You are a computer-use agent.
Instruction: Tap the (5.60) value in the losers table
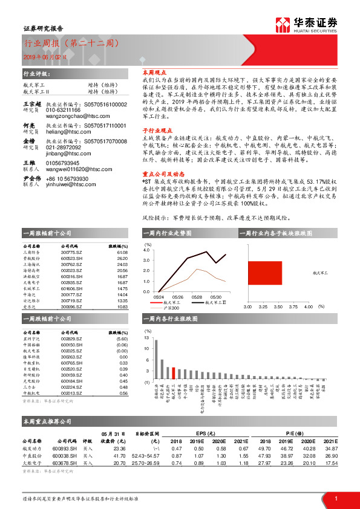click(122, 340)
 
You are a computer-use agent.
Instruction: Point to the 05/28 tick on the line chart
click(197, 297)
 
